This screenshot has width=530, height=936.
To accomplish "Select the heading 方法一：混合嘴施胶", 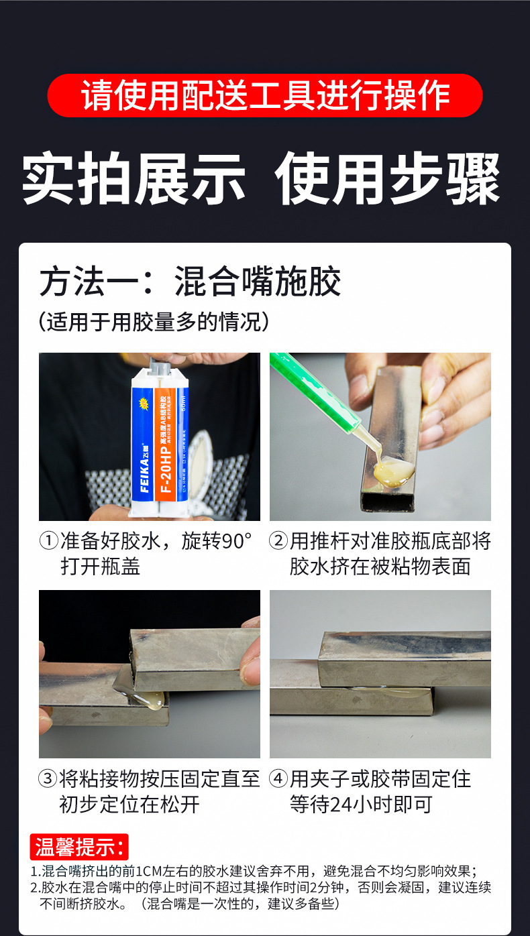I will [x=190, y=281].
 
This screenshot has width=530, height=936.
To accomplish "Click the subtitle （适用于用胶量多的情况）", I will [x=154, y=322].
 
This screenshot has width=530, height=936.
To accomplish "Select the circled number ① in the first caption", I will [x=48, y=541].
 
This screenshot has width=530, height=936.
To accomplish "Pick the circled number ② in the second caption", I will [x=278, y=541].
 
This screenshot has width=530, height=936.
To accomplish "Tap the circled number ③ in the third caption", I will [x=48, y=779].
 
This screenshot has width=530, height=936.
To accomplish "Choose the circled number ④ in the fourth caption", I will [x=278, y=779].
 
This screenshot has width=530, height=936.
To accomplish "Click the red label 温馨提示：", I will [x=79, y=847].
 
